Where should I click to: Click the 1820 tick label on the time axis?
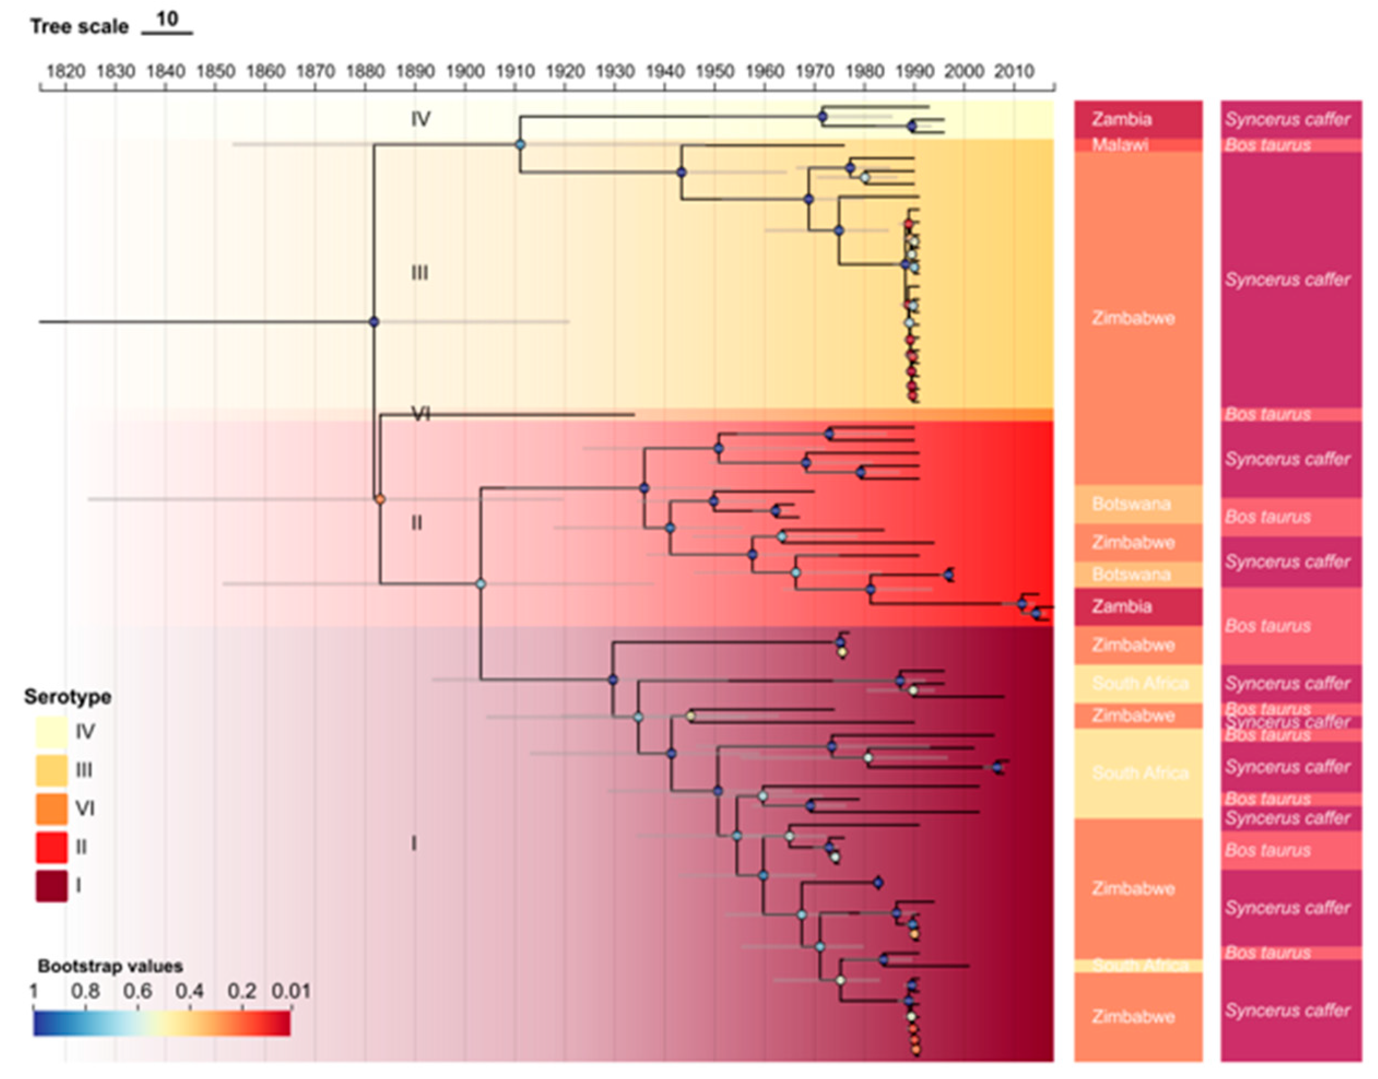tap(66, 71)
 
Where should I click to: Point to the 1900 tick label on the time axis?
tap(465, 71)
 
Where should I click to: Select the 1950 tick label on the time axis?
tap(714, 71)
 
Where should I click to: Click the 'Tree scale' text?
tap(79, 27)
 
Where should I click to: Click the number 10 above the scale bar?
tap(167, 19)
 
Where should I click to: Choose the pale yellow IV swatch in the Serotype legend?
tap(51, 732)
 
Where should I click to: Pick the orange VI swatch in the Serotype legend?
tap(51, 809)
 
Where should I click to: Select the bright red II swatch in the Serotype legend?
tap(51, 847)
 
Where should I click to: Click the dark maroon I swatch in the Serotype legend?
tap(51, 886)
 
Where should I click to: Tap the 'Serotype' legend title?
tap(68, 697)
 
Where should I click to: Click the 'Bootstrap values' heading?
tap(110, 966)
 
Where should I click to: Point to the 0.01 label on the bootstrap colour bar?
tap(291, 991)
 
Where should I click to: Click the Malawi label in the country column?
tap(1120, 145)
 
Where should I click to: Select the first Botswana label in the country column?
tap(1131, 503)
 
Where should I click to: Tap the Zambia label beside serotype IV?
tap(1121, 118)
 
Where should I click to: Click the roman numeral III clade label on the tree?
tap(419, 273)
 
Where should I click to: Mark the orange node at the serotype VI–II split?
tap(380, 500)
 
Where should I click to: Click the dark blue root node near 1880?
tap(374, 322)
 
